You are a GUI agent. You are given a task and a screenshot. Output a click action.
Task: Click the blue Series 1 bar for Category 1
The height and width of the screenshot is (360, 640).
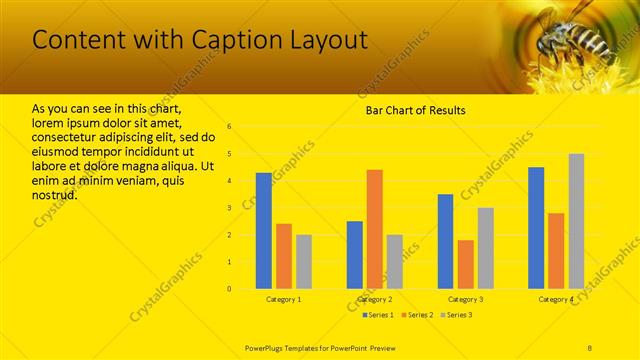click(x=263, y=231)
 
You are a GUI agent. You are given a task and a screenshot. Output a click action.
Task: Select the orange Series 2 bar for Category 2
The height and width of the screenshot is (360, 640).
click(x=374, y=229)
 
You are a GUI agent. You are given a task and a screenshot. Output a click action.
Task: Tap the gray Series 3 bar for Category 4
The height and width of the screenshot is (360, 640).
click(x=576, y=221)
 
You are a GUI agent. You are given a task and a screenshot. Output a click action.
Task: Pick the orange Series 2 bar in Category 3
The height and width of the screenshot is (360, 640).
click(x=465, y=264)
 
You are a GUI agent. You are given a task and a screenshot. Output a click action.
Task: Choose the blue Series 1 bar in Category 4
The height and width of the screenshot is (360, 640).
click(x=536, y=228)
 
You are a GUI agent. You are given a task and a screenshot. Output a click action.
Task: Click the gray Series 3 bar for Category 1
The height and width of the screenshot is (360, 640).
click(x=303, y=262)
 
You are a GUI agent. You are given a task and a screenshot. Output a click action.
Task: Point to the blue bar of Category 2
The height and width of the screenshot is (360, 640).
click(x=354, y=255)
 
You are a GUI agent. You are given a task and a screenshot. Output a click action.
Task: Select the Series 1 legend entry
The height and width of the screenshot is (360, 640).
click(x=379, y=315)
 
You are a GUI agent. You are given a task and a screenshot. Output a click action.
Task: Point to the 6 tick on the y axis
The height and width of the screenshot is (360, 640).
click(x=229, y=127)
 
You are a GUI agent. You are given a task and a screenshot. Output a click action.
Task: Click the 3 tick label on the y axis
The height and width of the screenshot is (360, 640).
click(x=229, y=208)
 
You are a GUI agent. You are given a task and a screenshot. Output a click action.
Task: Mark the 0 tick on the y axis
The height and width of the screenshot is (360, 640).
click(x=229, y=289)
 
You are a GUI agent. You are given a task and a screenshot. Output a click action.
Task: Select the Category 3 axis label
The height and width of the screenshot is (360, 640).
click(x=465, y=299)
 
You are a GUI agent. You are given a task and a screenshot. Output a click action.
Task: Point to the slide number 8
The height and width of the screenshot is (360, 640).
click(x=590, y=346)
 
